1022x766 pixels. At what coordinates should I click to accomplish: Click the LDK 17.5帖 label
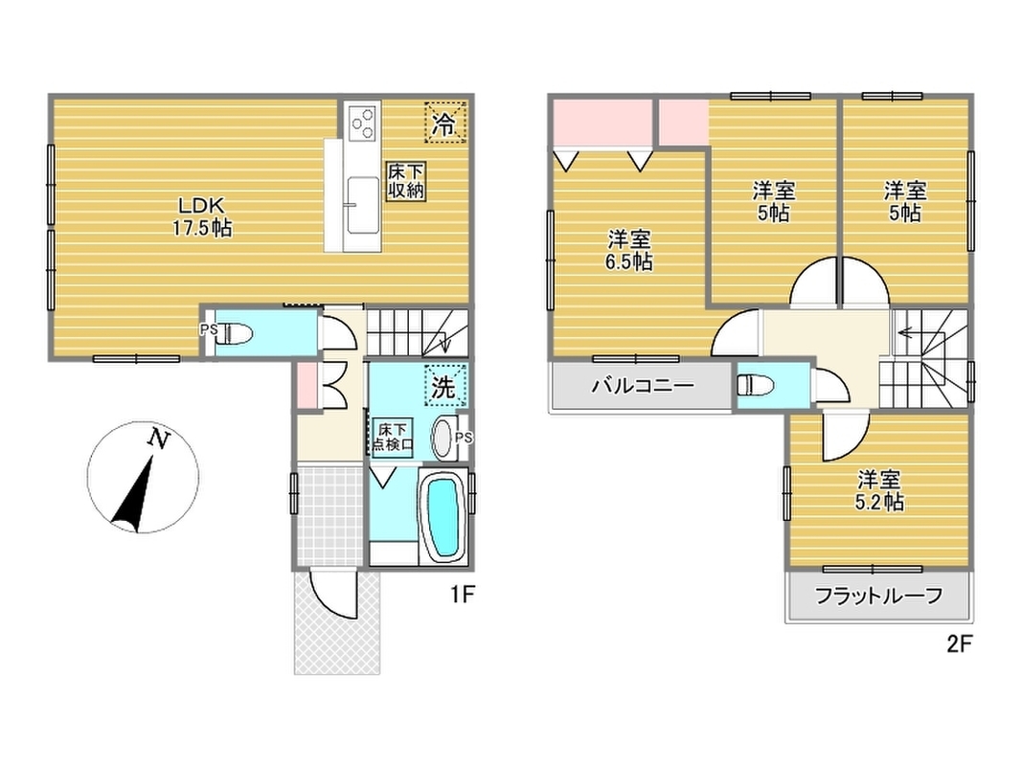pyautogui.click(x=203, y=217)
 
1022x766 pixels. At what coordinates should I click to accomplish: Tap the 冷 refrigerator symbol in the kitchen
pyautogui.click(x=445, y=123)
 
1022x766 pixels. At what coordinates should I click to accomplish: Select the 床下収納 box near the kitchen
pyautogui.click(x=405, y=180)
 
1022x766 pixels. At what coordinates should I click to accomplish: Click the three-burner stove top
pyautogui.click(x=362, y=123)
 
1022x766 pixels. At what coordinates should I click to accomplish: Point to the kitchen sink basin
pyautogui.click(x=362, y=205)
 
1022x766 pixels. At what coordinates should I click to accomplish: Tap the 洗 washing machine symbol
pyautogui.click(x=445, y=386)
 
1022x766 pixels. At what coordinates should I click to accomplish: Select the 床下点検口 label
pyautogui.click(x=393, y=437)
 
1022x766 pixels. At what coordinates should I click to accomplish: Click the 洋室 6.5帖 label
pyautogui.click(x=629, y=251)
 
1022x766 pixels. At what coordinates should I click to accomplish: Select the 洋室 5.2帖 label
pyautogui.click(x=878, y=491)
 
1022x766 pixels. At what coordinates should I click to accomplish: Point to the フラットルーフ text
pyautogui.click(x=878, y=596)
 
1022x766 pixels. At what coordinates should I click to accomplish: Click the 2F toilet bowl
pyautogui.click(x=756, y=384)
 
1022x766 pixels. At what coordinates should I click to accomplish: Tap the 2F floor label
pyautogui.click(x=959, y=644)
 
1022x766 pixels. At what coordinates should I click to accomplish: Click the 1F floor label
pyautogui.click(x=462, y=594)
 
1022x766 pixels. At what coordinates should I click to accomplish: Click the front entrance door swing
pyautogui.click(x=333, y=595)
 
